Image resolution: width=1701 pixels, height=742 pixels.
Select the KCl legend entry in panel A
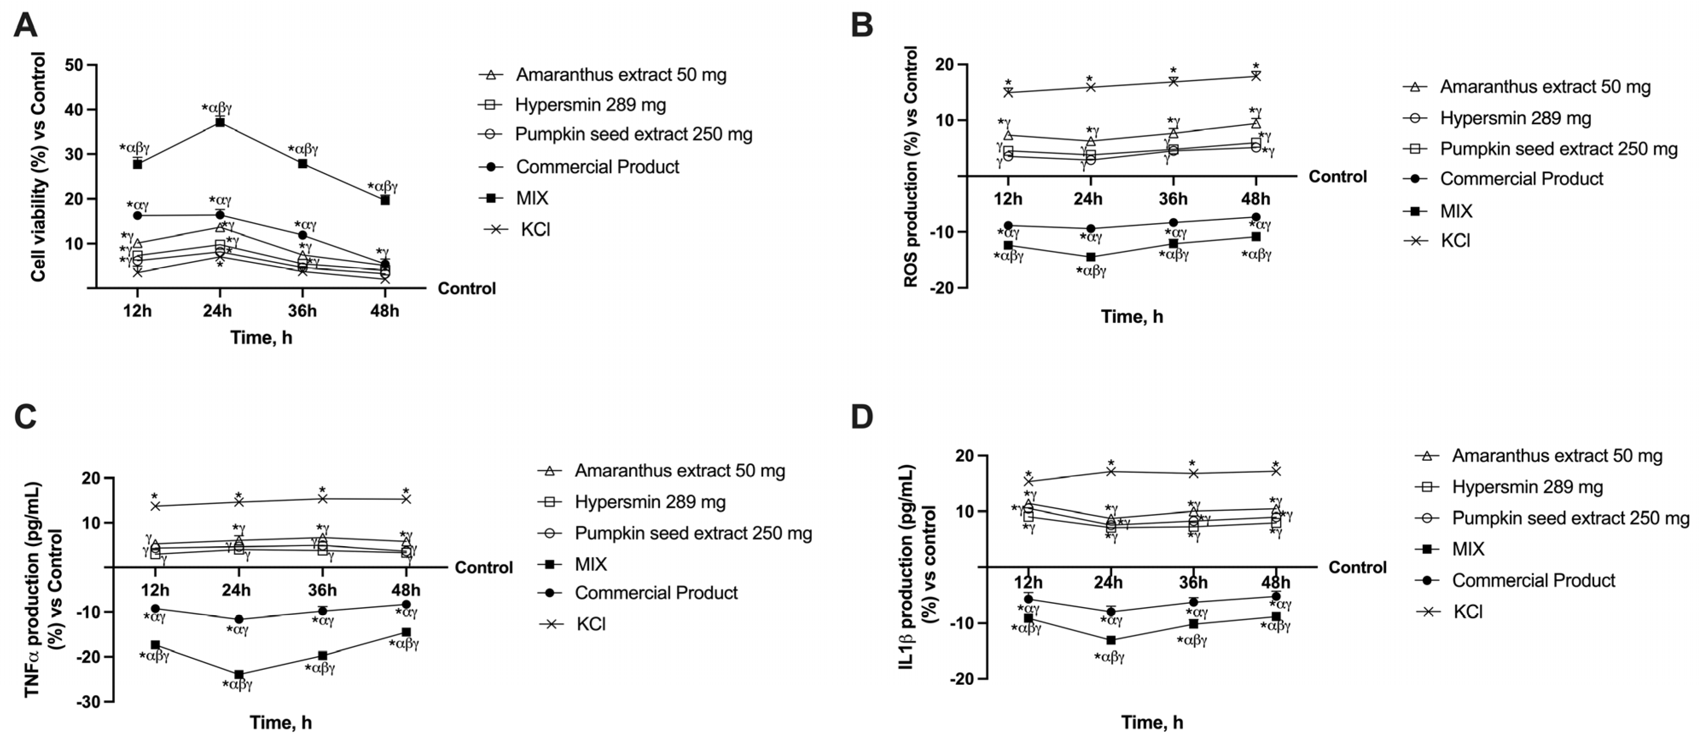(535, 230)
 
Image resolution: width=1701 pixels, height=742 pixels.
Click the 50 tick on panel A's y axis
(74, 65)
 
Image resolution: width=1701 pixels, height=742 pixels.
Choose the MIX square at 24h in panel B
(1091, 257)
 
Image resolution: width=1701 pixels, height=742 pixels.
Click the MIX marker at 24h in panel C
(239, 674)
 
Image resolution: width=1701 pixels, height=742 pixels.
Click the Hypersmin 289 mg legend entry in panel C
(650, 502)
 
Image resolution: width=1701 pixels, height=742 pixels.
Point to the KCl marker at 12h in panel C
(155, 506)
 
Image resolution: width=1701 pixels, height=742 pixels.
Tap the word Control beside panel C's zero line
(484, 568)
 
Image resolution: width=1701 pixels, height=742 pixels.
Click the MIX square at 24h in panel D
(1111, 640)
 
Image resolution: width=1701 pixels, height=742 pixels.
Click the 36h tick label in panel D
(1193, 583)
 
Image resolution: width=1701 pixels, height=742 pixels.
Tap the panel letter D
(862, 418)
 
